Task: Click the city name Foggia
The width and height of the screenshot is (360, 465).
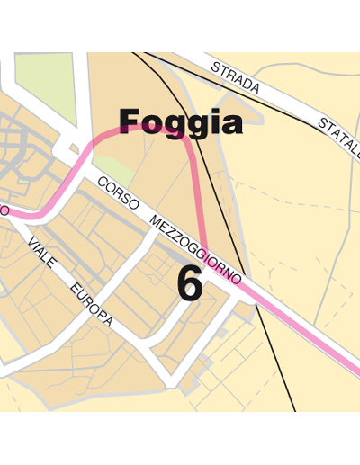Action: (180, 122)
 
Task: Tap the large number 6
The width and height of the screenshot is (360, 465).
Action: (189, 284)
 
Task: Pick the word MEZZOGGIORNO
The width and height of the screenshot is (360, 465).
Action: (195, 246)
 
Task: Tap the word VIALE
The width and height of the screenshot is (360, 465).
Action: (41, 254)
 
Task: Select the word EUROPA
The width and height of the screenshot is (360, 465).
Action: (91, 305)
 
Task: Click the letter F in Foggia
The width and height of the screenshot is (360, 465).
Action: (130, 122)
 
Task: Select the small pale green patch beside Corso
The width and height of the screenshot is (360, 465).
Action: (112, 167)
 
